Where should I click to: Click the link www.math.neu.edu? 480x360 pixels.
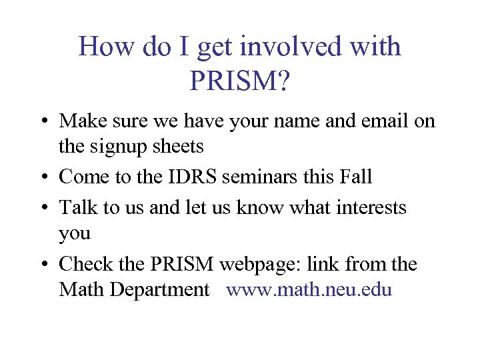coord(309,290)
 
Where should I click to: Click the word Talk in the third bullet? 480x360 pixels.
coord(77,207)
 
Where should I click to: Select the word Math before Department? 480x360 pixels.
coord(79,290)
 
